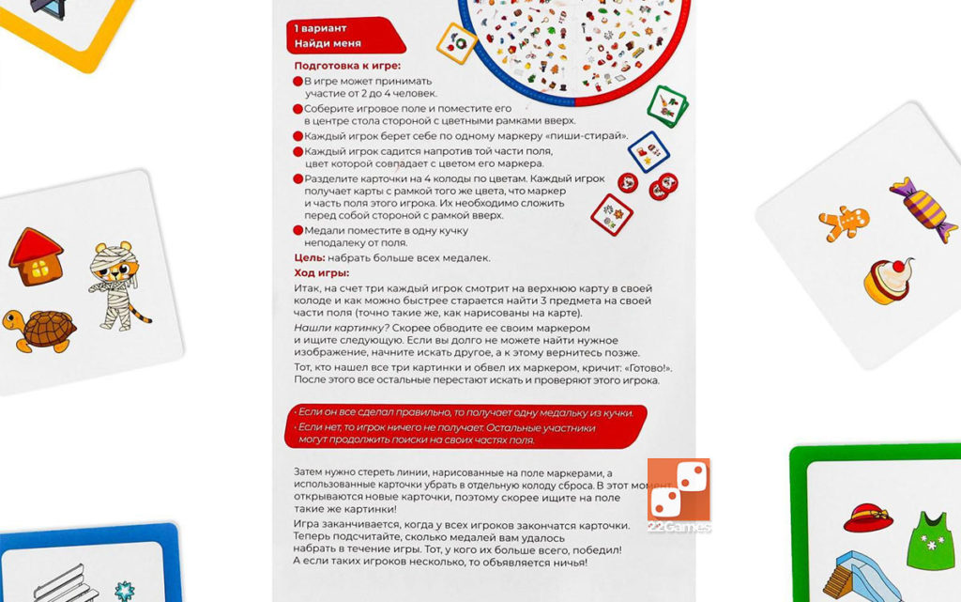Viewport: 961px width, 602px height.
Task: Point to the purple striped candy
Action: coord(922,208)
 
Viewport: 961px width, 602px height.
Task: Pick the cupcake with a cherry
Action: coord(887,281)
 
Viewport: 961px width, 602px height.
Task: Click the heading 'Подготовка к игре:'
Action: coord(347,66)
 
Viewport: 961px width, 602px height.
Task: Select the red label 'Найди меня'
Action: coord(328,43)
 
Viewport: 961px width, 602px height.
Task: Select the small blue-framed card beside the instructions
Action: coord(648,150)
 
